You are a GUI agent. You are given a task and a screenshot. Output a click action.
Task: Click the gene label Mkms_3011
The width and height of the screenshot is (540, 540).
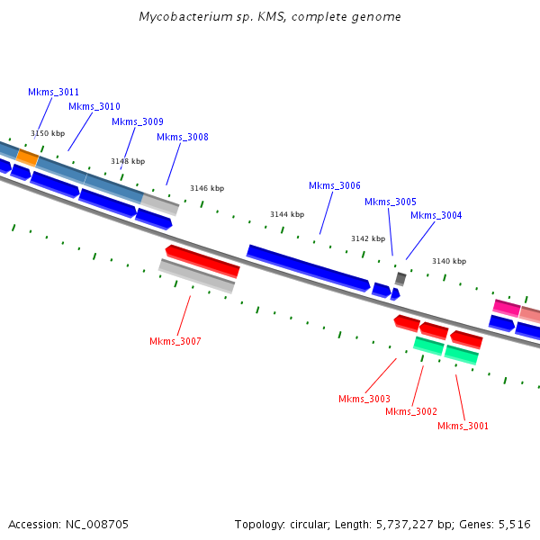tap(54, 92)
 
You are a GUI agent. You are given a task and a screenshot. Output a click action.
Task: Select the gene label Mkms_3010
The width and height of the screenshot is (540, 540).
tap(94, 106)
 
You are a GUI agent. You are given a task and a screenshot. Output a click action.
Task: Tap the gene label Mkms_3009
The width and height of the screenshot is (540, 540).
tap(138, 121)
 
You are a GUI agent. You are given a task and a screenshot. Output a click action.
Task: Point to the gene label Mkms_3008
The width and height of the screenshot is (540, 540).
tap(183, 137)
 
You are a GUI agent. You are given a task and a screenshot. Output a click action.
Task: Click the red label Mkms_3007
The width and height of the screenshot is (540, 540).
tap(175, 341)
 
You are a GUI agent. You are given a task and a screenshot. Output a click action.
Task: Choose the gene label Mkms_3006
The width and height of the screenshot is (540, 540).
tap(335, 185)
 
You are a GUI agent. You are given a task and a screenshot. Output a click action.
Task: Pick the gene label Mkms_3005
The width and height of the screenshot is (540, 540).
tap(391, 202)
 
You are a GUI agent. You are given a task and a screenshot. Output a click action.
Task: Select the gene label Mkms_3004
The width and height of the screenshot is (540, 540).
tap(436, 215)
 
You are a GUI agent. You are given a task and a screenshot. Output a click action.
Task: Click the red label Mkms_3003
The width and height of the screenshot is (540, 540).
tap(364, 399)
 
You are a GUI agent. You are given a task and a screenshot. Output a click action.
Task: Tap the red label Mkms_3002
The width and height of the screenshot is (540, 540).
tap(411, 411)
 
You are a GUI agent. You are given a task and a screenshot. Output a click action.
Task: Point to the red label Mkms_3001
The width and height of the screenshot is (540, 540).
tap(463, 426)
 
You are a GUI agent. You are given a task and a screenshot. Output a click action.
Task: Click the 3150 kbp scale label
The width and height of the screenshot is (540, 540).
tap(48, 133)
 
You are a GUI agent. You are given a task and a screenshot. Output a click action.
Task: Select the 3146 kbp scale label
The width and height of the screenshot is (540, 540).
tap(207, 188)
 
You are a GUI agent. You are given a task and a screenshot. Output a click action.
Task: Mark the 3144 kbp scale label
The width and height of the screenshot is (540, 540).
tap(287, 214)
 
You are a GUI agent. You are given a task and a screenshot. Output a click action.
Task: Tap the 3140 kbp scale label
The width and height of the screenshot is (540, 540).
tap(449, 261)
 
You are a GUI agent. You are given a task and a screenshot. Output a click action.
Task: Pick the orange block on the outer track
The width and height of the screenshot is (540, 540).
tap(27, 157)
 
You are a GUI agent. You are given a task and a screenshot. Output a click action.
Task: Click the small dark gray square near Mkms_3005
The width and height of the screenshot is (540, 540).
tap(400, 279)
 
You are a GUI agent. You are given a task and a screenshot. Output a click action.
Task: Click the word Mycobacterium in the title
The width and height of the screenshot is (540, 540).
tap(181, 17)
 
